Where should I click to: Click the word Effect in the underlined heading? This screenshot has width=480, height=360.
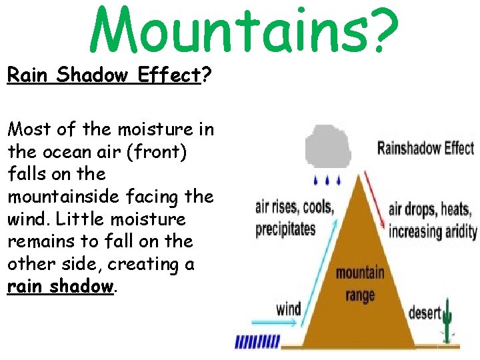pyautogui.click(x=169, y=75)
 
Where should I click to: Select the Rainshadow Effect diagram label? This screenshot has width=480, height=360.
pyautogui.click(x=425, y=147)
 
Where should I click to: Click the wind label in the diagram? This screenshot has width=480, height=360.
pyautogui.click(x=289, y=309)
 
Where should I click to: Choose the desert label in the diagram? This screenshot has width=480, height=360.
pyautogui.click(x=424, y=312)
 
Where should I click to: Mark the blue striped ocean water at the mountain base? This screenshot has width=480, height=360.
pyautogui.click(x=256, y=343)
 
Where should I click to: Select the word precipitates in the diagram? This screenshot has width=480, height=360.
pyautogui.click(x=285, y=229)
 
